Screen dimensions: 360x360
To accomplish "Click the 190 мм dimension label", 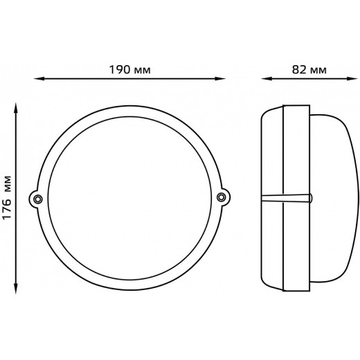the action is click(129, 69).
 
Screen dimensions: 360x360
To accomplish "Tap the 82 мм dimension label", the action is click(309, 69).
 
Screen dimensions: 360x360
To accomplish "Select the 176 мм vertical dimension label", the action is click(7, 197).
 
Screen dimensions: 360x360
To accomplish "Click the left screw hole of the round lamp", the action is click(37, 199).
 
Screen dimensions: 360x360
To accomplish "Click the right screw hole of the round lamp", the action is click(222, 197).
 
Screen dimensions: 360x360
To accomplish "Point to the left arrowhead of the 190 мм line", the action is click(39, 79).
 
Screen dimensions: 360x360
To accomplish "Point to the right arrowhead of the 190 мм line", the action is click(220, 79).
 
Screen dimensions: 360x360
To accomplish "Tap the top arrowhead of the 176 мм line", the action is click(16, 108).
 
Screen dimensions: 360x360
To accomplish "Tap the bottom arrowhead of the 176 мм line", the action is click(16, 289).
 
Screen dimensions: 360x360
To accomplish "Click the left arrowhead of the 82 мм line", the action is click(267, 79).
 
